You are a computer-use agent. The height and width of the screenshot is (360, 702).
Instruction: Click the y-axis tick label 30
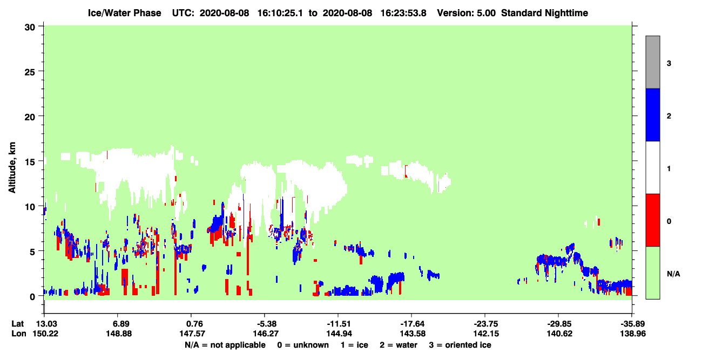click(30, 28)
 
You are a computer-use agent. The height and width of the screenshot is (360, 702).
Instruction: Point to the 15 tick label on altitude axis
click(30, 162)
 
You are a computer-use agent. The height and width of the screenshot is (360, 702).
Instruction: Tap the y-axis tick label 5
click(32, 252)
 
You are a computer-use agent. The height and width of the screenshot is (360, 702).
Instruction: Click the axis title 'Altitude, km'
click(12, 168)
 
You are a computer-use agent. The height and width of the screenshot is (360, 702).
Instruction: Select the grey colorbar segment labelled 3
click(653, 62)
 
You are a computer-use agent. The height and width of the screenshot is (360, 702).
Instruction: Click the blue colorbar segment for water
click(653, 114)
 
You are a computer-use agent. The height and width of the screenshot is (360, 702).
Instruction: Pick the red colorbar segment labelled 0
click(653, 220)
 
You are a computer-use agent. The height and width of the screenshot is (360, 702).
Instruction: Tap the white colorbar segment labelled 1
click(653, 168)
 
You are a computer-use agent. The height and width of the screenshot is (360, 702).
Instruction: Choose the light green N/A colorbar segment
click(653, 273)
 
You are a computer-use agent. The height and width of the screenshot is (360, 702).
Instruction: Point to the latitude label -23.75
click(486, 324)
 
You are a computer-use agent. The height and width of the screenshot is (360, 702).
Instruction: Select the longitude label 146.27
click(266, 334)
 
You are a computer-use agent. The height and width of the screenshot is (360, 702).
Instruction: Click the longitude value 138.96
click(633, 334)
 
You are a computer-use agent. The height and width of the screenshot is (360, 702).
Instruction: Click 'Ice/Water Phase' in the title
click(124, 13)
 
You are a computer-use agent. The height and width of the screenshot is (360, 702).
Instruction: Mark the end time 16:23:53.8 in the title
click(403, 13)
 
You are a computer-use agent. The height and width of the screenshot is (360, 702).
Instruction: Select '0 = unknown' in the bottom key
click(303, 345)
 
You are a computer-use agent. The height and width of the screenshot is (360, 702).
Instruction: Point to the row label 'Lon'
click(19, 334)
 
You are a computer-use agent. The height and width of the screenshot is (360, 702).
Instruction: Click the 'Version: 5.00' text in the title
click(467, 13)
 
